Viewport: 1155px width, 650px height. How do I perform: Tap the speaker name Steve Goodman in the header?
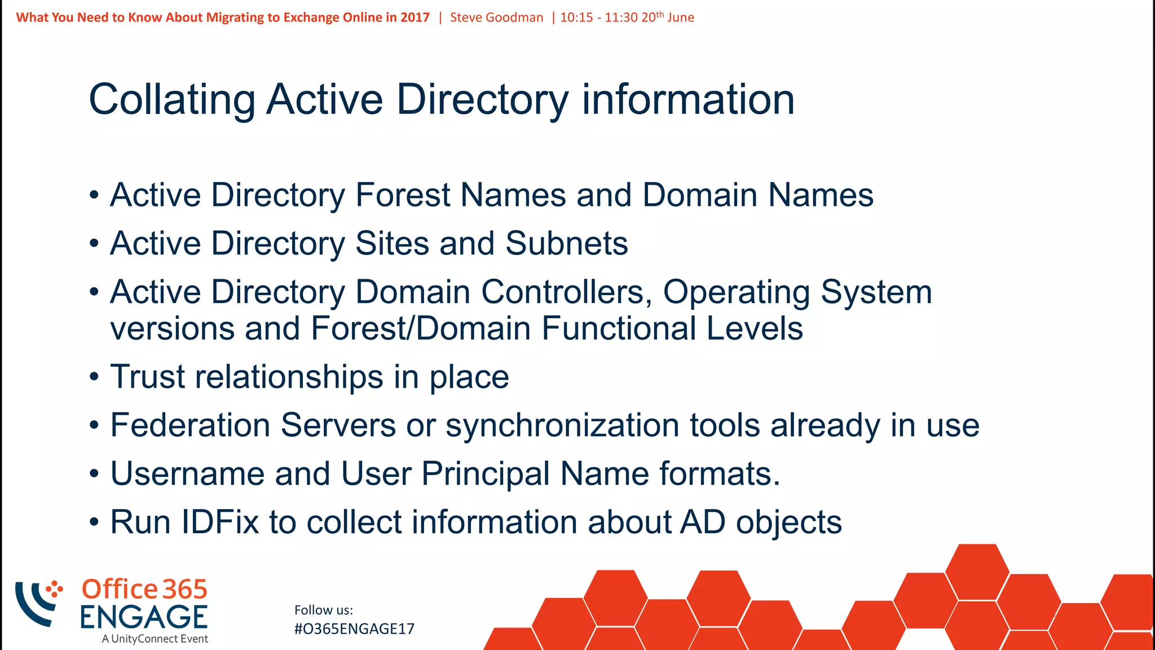pos(496,17)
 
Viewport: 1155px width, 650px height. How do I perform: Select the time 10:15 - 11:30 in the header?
pos(598,17)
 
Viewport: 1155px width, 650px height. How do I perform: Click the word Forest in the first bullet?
pos(403,195)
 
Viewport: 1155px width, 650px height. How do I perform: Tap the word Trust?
pos(147,376)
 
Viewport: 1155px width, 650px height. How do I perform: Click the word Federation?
pos(190,425)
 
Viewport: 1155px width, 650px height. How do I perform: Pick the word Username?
pos(187,473)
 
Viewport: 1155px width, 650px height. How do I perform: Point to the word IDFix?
pos(220,522)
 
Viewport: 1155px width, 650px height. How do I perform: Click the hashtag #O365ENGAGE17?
pos(354,629)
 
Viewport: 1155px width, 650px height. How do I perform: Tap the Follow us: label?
pos(324,610)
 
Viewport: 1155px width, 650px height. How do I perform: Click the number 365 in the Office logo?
pos(185,590)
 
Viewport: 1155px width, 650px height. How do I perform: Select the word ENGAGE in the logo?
pos(144,617)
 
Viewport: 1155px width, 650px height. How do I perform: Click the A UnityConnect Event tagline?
pos(155,639)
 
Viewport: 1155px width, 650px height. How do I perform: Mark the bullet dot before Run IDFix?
pos(94,522)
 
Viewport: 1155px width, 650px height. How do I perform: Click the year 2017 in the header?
pos(415,17)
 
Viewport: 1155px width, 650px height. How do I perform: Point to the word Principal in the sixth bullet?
pos(486,473)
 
